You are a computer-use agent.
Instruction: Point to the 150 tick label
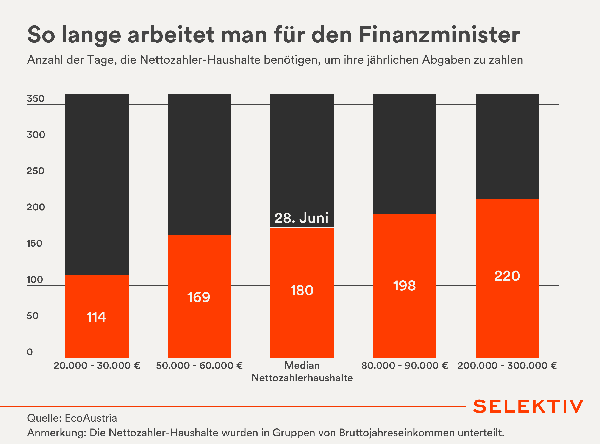click(x=34, y=244)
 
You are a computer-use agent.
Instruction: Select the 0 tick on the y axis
click(x=30, y=352)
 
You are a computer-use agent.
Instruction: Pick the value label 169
click(x=199, y=297)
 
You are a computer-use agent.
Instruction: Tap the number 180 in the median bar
click(x=302, y=291)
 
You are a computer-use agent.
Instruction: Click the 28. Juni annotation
click(x=301, y=218)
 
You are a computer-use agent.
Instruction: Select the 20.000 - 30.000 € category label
click(x=97, y=366)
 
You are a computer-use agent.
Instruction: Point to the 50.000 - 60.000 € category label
click(x=199, y=366)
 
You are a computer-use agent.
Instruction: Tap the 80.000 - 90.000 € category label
click(x=404, y=366)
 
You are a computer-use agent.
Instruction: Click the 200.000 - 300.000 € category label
click(x=507, y=366)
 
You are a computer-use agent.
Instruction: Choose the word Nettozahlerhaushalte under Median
click(x=302, y=378)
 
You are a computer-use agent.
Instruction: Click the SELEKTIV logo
click(x=528, y=406)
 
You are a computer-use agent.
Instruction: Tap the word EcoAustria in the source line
click(x=91, y=418)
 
